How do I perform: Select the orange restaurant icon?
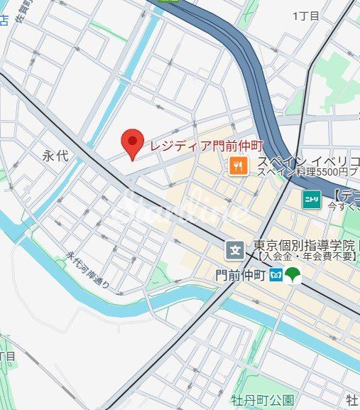coord(238,167)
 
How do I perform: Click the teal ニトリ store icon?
coord(311,199)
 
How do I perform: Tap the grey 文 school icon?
coord(235,249)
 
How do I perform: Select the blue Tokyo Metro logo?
coord(276,275)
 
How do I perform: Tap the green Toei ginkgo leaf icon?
coord(293,275)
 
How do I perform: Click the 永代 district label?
coord(55,156)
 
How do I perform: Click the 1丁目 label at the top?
coord(305,16)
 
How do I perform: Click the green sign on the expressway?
coord(169,2)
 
